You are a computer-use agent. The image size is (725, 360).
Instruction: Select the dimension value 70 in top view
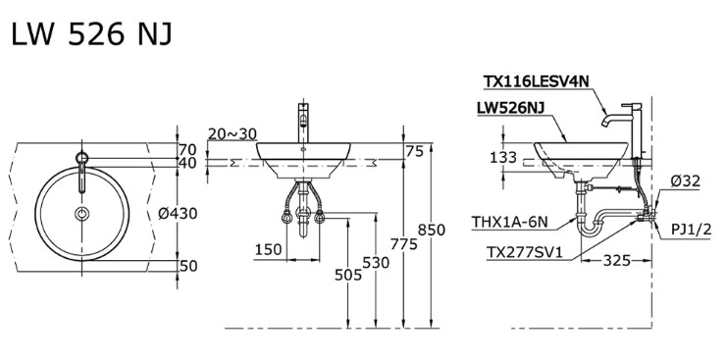(x=187, y=149)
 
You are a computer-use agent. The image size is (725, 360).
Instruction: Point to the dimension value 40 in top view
(x=187, y=164)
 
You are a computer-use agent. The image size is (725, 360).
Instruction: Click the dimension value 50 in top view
(x=187, y=266)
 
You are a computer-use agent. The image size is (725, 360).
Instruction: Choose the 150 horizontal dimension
(x=268, y=249)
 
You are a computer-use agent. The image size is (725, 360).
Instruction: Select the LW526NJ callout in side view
(x=511, y=105)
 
